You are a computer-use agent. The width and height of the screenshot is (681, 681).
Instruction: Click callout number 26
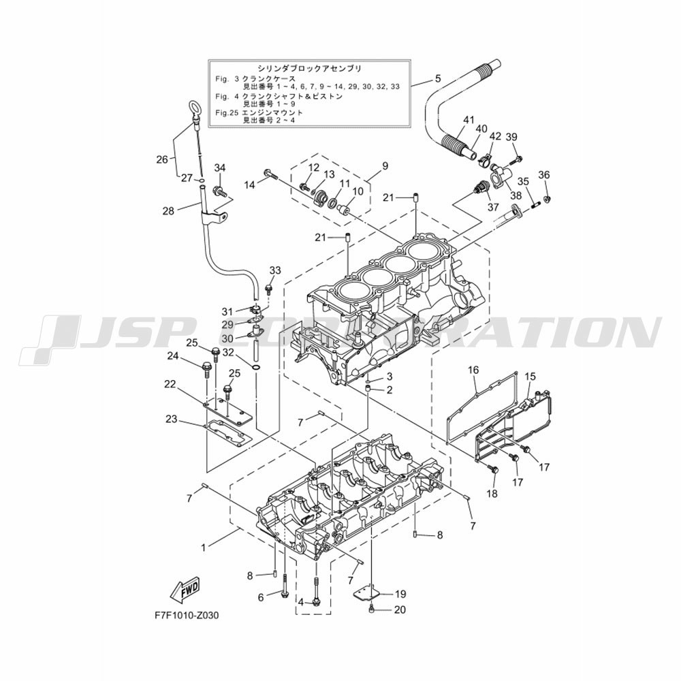click(x=162, y=160)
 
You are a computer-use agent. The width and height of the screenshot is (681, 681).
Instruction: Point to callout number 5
click(x=438, y=78)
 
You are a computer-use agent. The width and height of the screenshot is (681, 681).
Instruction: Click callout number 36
click(x=543, y=175)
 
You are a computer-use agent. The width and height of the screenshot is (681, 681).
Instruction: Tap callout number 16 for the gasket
click(x=473, y=370)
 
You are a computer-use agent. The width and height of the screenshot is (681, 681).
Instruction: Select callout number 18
click(x=492, y=493)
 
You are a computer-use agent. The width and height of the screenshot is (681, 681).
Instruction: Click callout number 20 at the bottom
click(x=400, y=609)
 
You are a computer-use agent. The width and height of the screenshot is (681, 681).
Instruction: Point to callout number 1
click(x=203, y=548)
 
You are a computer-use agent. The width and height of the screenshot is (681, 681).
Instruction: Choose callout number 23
click(x=171, y=419)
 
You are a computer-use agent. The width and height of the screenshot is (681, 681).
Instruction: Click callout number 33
click(x=275, y=270)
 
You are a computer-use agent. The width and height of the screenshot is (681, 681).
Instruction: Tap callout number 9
click(x=385, y=166)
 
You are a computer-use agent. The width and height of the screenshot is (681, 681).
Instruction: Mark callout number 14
click(x=249, y=185)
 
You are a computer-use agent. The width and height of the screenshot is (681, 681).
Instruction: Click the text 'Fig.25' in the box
click(x=226, y=112)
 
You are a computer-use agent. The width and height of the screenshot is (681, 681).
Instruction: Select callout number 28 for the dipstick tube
click(x=168, y=211)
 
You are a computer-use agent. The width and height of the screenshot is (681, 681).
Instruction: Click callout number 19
click(x=400, y=593)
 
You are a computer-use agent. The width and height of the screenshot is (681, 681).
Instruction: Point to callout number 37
click(x=493, y=207)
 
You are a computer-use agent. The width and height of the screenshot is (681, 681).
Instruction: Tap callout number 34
click(x=220, y=168)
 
